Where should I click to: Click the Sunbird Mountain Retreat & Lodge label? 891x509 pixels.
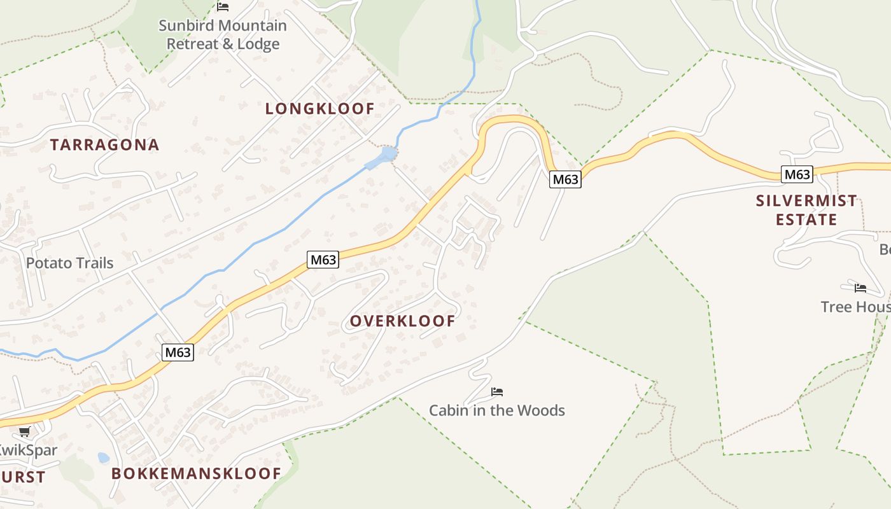tap(223, 35)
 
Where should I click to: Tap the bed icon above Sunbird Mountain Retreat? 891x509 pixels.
tap(223, 7)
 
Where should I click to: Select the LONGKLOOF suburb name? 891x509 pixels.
tap(319, 109)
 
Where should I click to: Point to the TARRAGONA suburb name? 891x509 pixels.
tap(104, 145)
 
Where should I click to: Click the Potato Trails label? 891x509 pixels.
tap(69, 263)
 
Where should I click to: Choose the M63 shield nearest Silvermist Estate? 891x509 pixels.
tap(797, 174)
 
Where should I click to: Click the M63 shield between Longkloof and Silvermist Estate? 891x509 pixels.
tap(565, 179)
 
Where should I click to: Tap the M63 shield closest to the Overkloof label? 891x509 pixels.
tap(323, 260)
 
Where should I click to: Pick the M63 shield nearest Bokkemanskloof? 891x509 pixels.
tap(177, 352)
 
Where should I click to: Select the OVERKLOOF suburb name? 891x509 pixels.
tap(402, 321)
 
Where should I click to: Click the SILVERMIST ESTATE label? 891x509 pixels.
tap(806, 211)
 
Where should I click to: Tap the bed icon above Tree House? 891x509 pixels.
tap(860, 288)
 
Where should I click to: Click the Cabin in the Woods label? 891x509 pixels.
tap(496, 410)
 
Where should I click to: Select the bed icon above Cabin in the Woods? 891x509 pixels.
tap(497, 392)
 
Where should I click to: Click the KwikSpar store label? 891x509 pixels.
tap(28, 450)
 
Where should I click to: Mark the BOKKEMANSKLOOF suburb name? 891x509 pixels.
tap(196, 474)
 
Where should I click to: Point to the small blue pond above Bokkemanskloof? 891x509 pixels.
tap(103, 457)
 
